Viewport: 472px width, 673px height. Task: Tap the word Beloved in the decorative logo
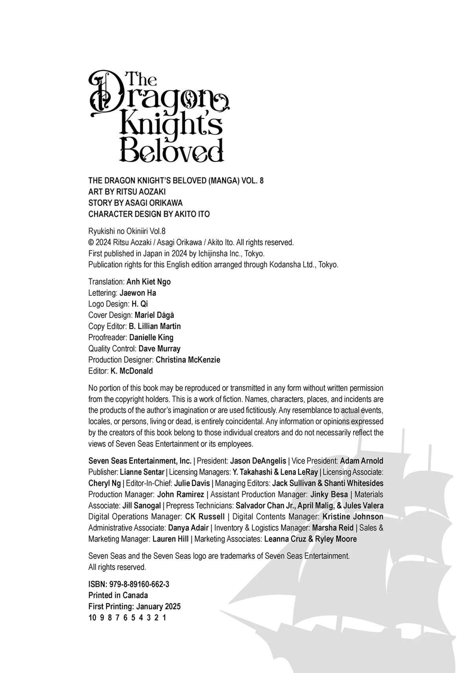pos(171,150)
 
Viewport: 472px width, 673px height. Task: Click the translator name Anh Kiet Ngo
pos(148,282)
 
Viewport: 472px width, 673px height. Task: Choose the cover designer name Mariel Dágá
pos(154,315)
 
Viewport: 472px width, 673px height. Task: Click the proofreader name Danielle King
pos(151,337)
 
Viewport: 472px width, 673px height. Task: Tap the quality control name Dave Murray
pos(159,349)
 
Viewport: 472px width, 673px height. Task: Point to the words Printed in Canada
pos(118,595)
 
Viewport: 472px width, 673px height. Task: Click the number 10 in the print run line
pos(92,617)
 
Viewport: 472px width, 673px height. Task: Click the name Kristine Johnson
pos(352,517)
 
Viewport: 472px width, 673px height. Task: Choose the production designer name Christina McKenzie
pos(188,360)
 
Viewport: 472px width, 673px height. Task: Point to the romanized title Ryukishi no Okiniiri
pos(121,231)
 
